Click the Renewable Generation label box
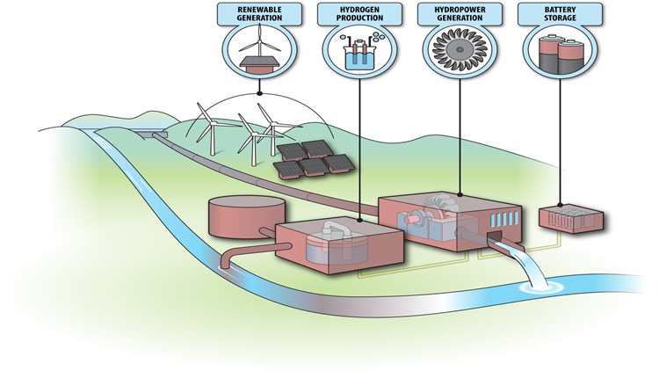[259, 13]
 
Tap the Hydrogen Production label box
[358, 13]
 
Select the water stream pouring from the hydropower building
[518, 264]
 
